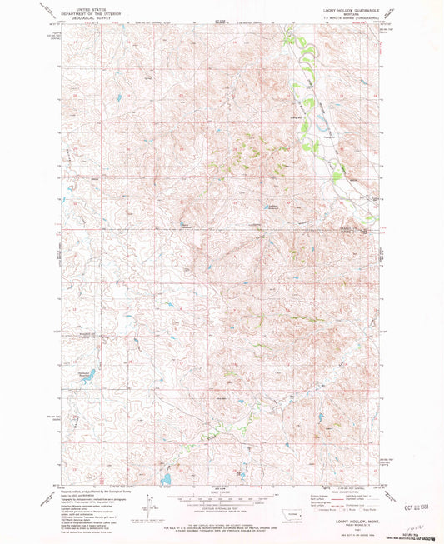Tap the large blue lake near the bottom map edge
point(167,479)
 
